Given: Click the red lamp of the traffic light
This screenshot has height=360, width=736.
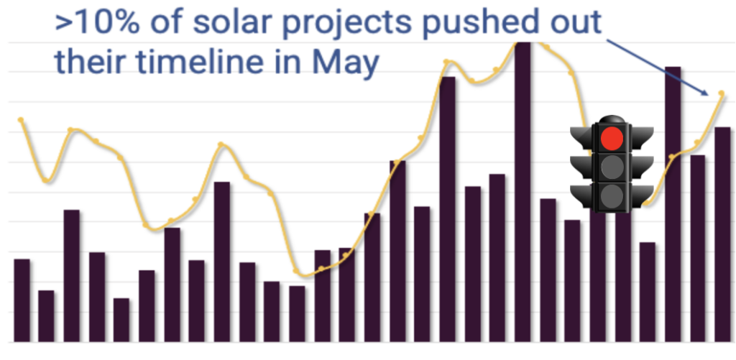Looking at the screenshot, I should pos(612,137).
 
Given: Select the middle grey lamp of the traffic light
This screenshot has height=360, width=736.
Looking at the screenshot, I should pos(612,167).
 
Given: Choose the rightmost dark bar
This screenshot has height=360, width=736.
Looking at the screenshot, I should pos(722,234).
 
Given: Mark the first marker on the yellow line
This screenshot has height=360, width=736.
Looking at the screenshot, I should pos(21,119).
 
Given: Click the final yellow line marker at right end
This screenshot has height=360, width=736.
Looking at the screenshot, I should pos(722,93).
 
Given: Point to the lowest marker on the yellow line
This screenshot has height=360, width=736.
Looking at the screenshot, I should pos(297,271).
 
